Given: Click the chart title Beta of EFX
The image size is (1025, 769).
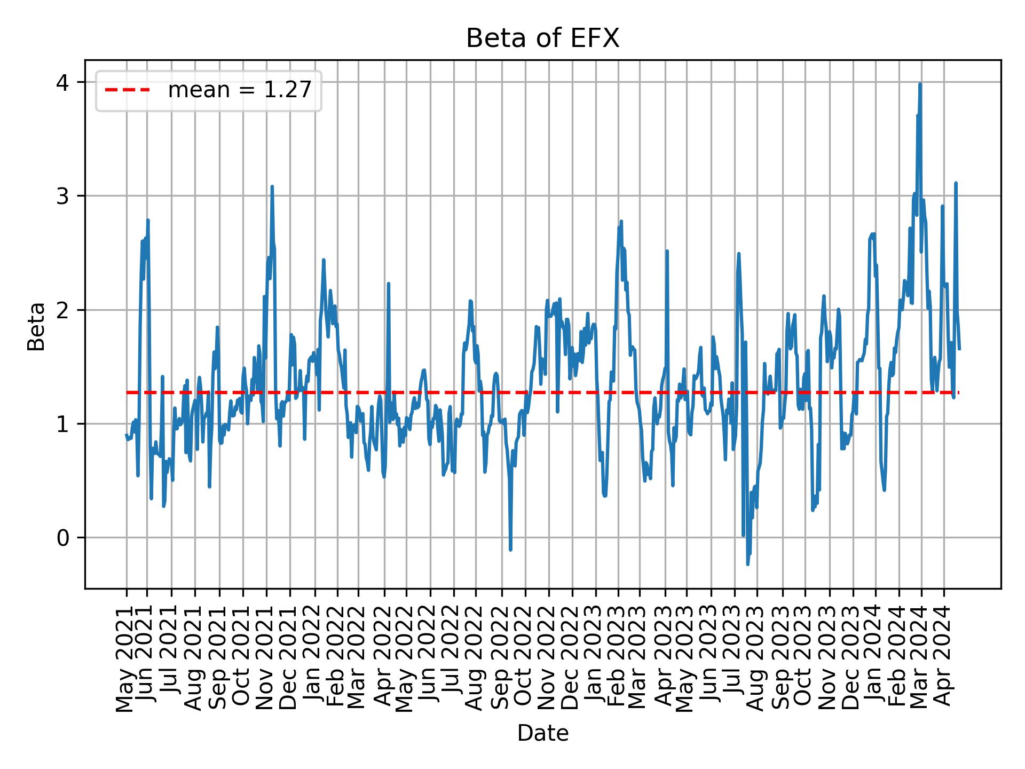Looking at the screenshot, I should (542, 39).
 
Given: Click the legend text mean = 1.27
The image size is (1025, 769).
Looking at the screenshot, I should (239, 90).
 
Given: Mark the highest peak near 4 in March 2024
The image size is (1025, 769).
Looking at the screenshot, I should (920, 84).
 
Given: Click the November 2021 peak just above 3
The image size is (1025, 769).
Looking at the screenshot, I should (272, 187).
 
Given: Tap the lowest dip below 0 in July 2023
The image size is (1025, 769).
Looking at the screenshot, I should (747, 564).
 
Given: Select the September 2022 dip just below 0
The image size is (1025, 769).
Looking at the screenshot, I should (510, 550).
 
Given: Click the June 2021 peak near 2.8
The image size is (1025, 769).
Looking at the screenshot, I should (148, 220).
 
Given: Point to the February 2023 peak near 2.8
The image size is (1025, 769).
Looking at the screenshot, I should (621, 221).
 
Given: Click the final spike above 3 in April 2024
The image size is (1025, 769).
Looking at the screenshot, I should (956, 183).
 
